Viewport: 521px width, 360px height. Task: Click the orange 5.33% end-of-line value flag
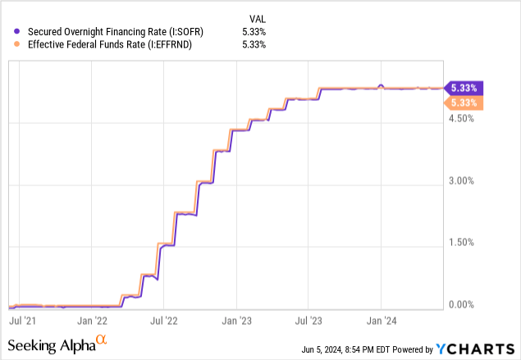[x=463, y=103]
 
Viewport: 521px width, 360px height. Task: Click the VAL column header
[x=259, y=17]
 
